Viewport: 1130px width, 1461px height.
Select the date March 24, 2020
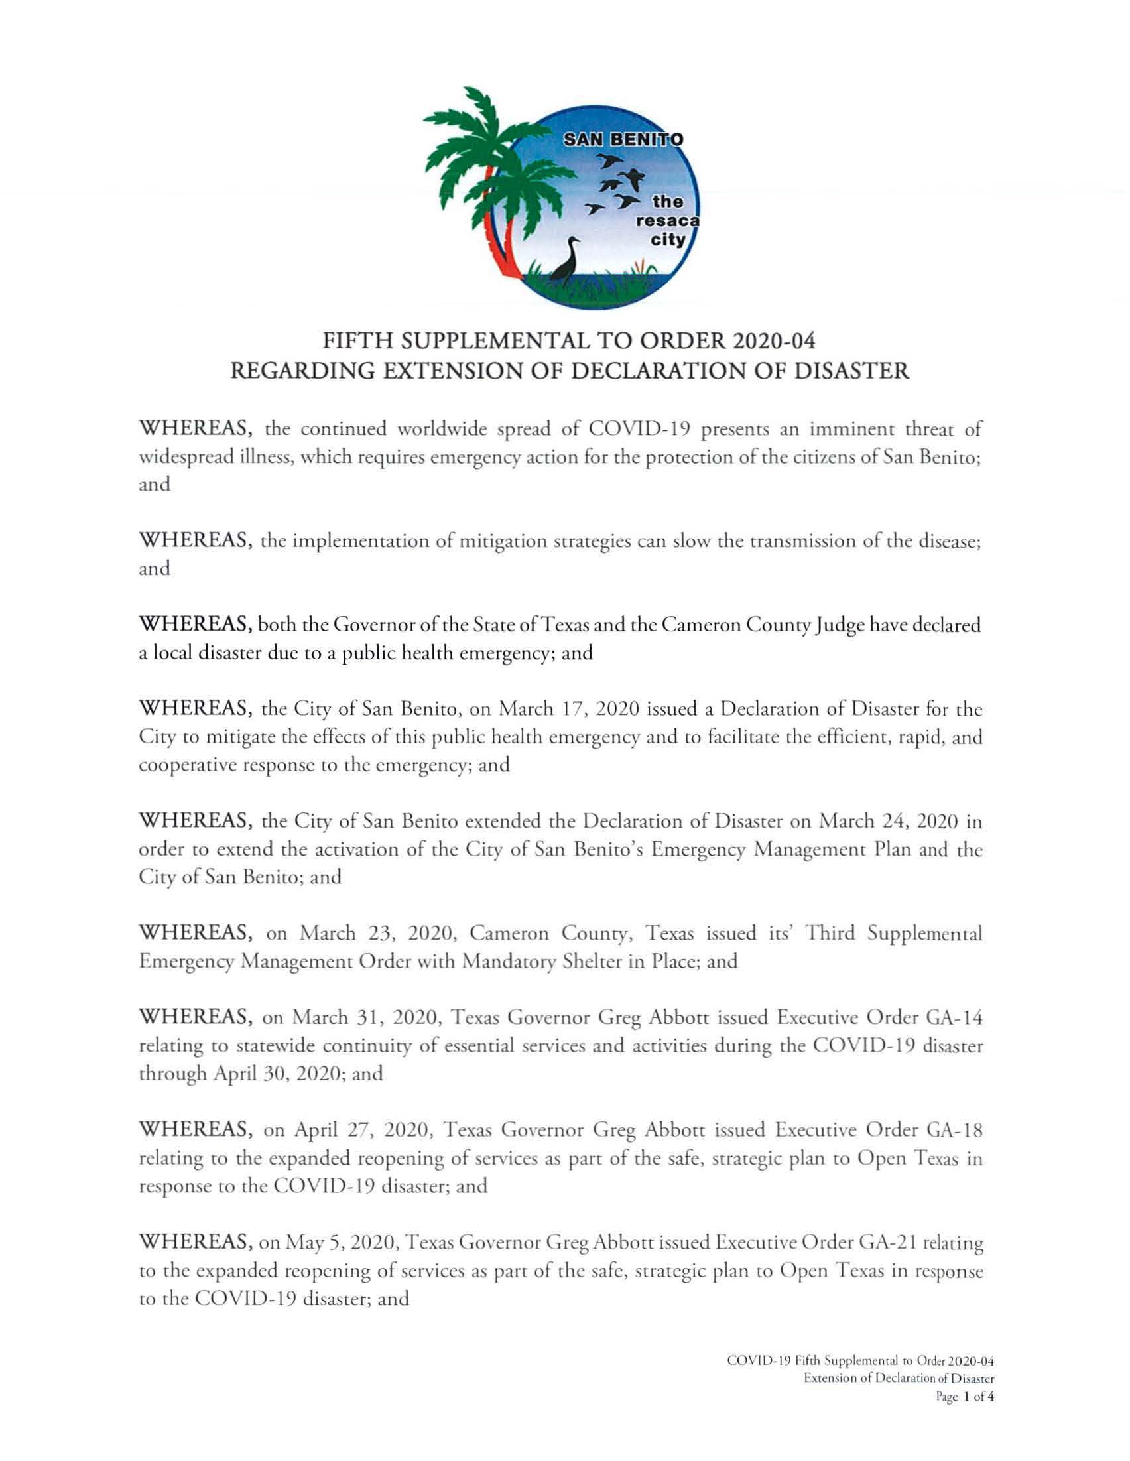[891, 821]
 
